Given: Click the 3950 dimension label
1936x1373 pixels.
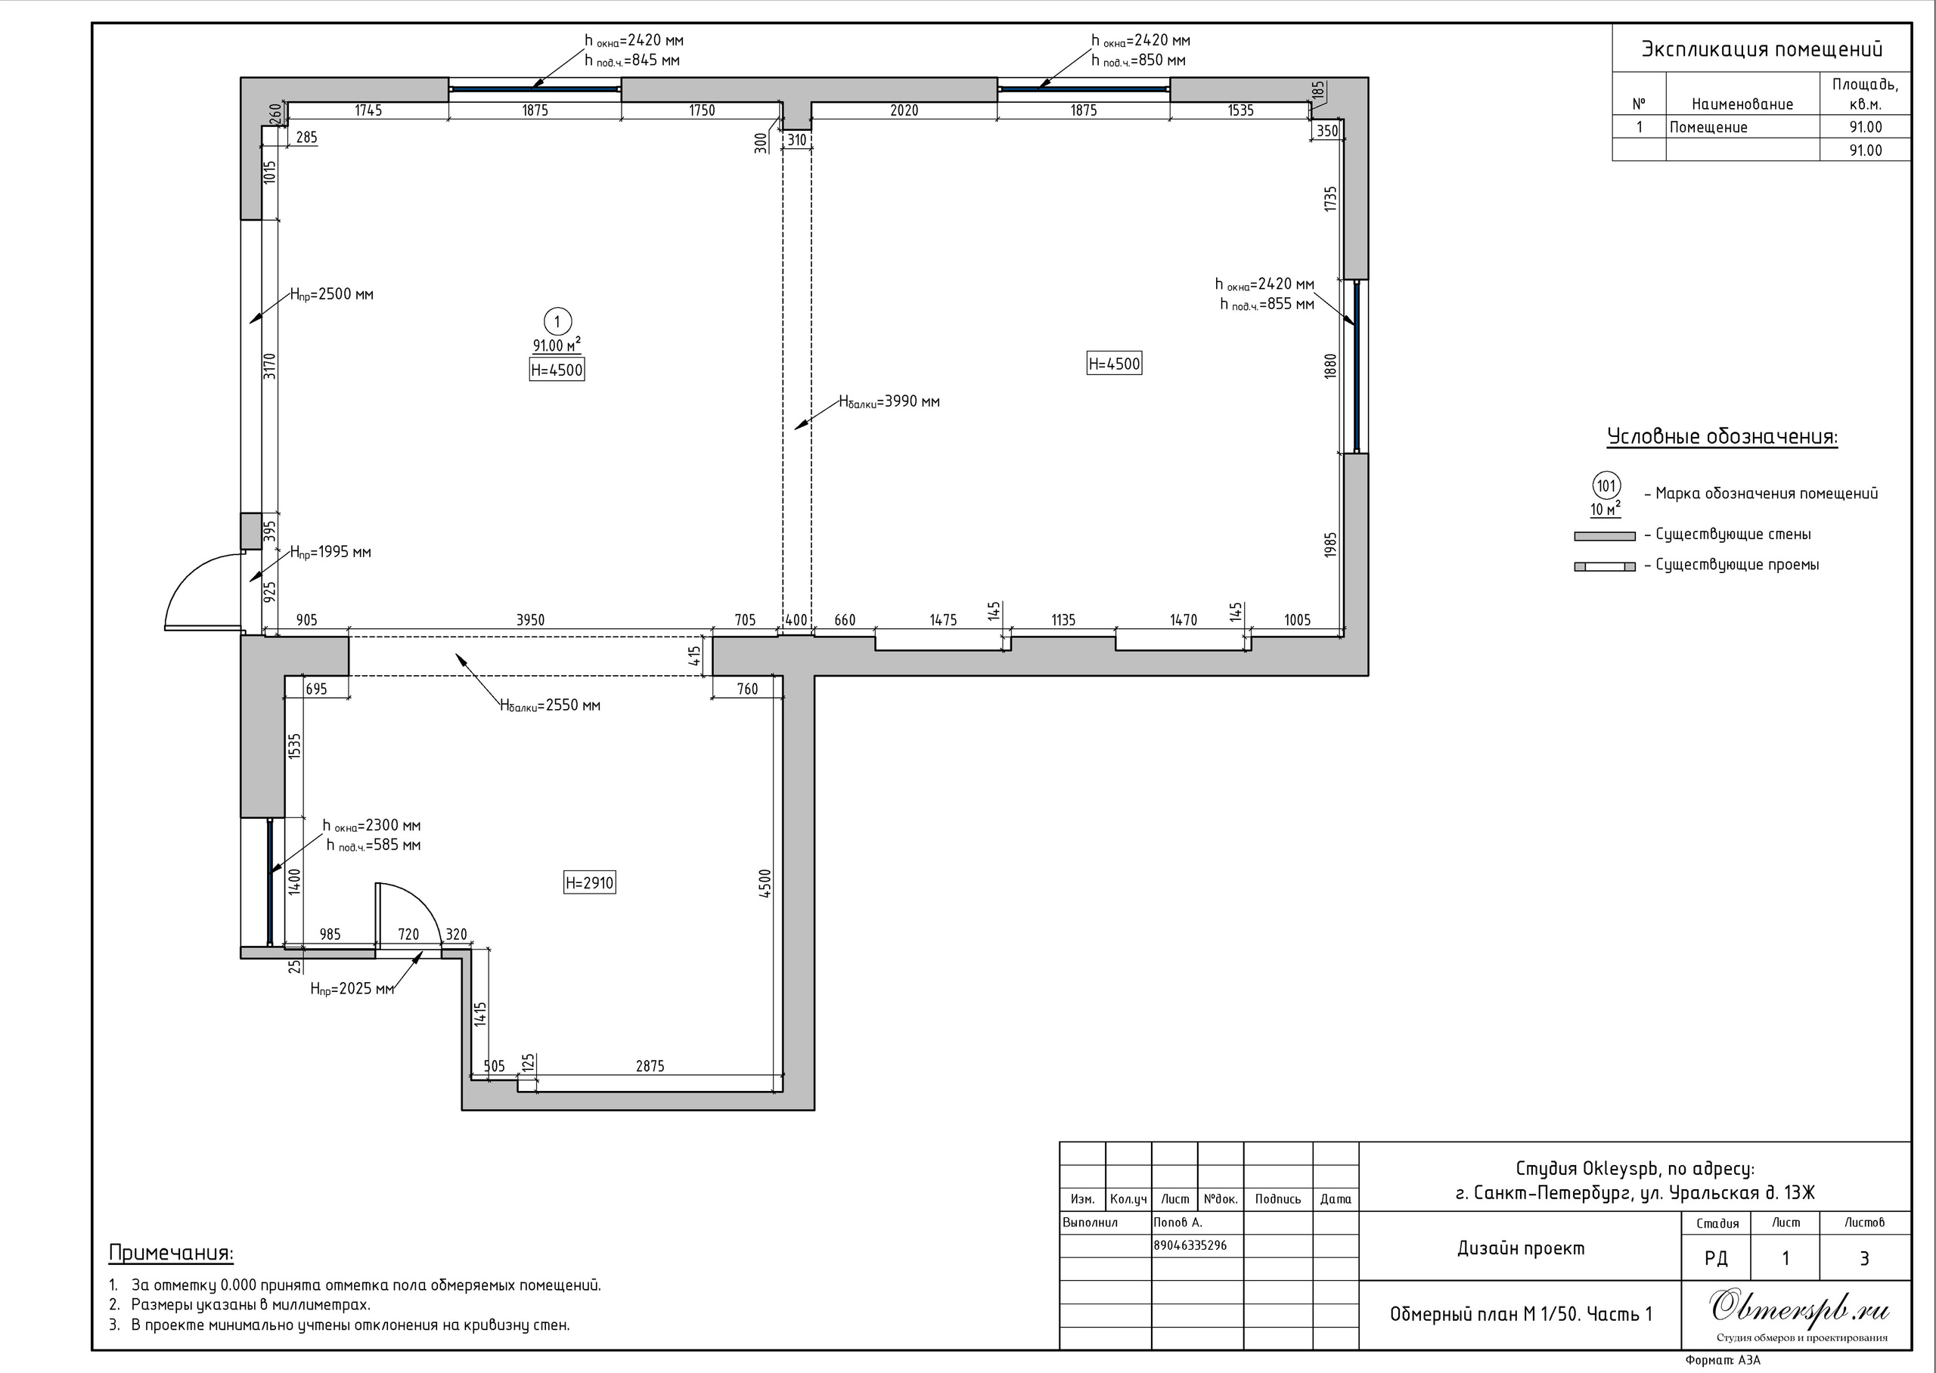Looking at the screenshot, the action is [530, 620].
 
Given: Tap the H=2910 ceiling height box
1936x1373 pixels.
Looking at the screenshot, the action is [589, 882].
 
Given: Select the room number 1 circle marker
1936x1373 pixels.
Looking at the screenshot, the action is [557, 321].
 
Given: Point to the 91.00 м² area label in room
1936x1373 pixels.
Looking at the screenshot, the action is [557, 345].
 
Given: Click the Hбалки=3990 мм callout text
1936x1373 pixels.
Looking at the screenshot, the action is [889, 402].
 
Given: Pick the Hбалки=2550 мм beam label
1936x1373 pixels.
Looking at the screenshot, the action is [550, 706].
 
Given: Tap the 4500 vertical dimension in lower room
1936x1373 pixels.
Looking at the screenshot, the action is [765, 884].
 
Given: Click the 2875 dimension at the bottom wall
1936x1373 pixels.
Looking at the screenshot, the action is [650, 1066].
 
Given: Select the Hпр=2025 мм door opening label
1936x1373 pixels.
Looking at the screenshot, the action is [352, 989].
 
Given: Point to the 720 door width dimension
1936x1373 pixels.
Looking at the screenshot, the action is [408, 934].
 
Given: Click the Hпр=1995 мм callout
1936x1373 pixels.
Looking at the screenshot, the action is [330, 553].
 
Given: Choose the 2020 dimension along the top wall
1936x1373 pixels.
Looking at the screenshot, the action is [904, 110].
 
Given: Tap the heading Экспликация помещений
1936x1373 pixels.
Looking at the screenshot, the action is [1762, 49].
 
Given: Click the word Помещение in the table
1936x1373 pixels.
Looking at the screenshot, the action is [1708, 128].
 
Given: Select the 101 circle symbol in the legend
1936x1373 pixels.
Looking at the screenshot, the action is [1606, 486].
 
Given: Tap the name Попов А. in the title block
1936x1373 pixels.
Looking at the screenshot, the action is [1177, 1223].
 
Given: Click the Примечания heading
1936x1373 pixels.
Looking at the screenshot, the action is [172, 1253].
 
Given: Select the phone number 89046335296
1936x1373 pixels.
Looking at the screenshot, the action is [1190, 1245].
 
